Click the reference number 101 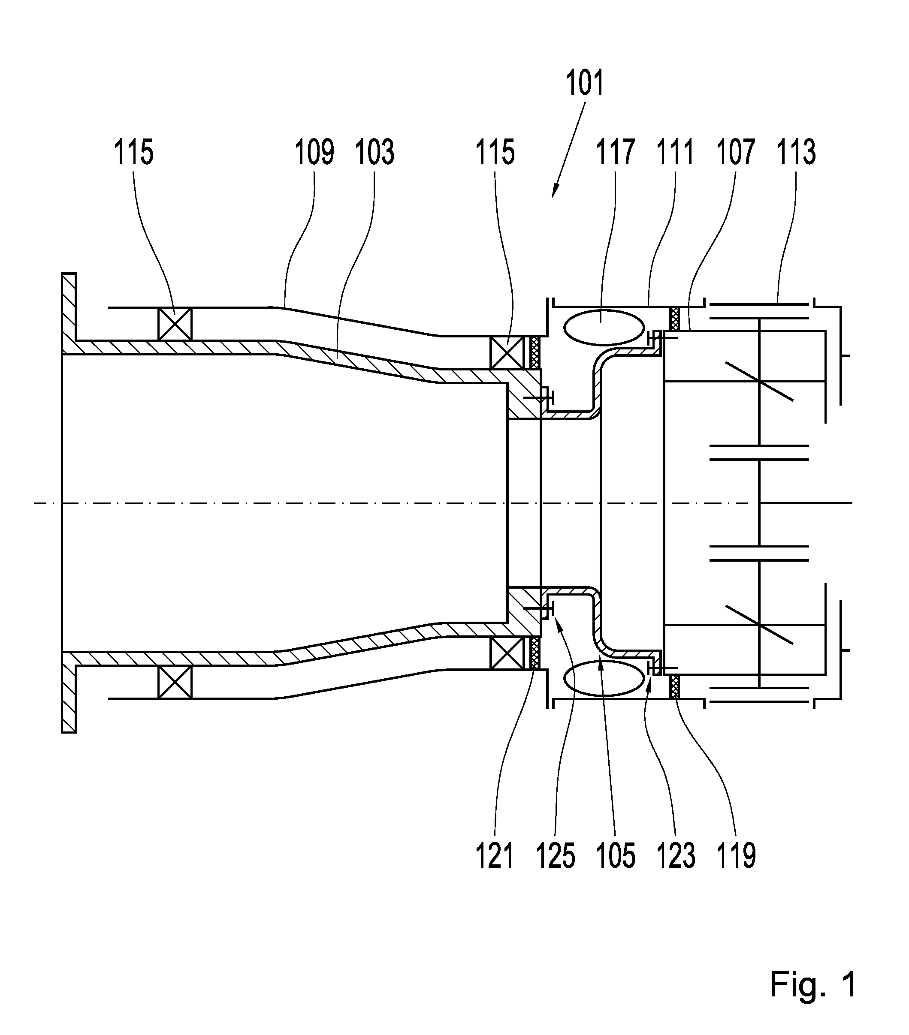585,84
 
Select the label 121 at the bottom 495,856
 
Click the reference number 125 556,856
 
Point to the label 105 616,856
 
